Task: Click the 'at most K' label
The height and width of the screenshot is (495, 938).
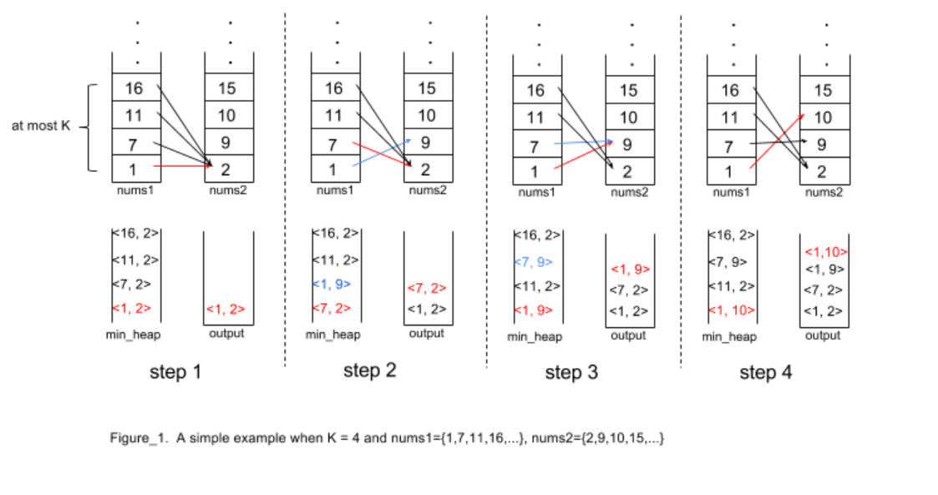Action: coord(41,127)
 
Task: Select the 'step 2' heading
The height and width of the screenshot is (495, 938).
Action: coord(369,371)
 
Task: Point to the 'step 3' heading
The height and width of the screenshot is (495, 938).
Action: coord(571,372)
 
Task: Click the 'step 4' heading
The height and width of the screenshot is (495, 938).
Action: coord(765,372)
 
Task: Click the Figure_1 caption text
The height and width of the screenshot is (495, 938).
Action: coord(386,438)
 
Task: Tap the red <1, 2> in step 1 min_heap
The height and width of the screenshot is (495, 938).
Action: coord(132,309)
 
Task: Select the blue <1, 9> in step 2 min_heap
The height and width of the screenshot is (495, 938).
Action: coord(332,284)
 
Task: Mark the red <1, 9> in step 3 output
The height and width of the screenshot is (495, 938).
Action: coord(629,270)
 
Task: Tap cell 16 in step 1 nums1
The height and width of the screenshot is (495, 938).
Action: coord(134,88)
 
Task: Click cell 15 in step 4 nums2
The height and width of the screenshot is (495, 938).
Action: coord(823,90)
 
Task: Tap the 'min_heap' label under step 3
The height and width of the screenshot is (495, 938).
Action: coord(535,336)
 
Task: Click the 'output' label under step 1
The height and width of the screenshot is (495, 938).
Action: coord(226,334)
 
